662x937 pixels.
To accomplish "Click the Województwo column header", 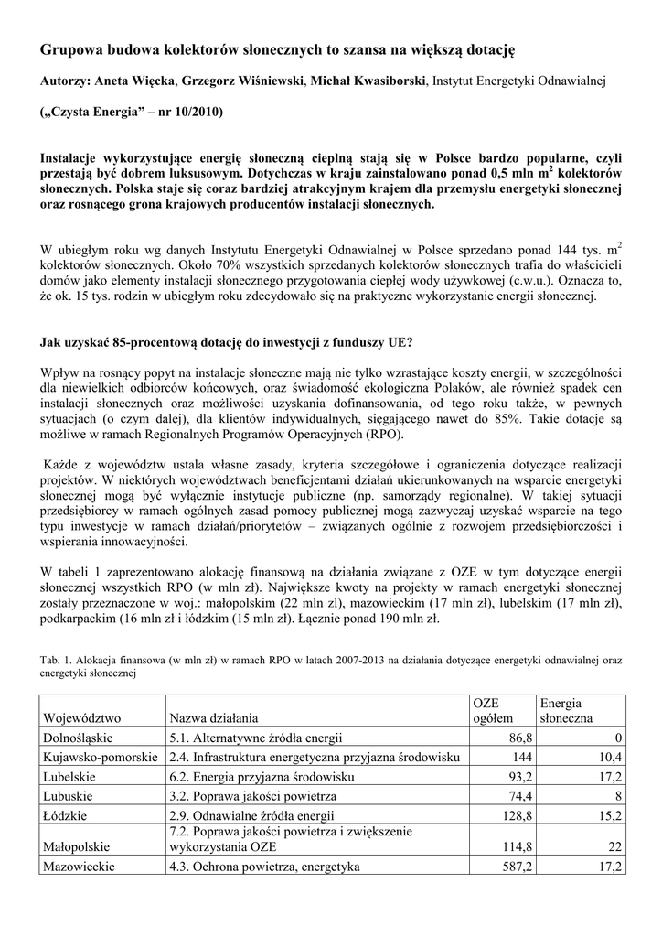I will pyautogui.click(x=82, y=718).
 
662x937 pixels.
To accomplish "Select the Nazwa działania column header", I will pyautogui.click(x=212, y=718).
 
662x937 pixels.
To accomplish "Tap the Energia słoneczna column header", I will pyautogui.click(x=567, y=710).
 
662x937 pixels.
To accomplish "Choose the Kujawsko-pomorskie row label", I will pyautogui.click(x=100, y=757).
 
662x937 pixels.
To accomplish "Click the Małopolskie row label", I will pyautogui.click(x=80, y=847).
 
